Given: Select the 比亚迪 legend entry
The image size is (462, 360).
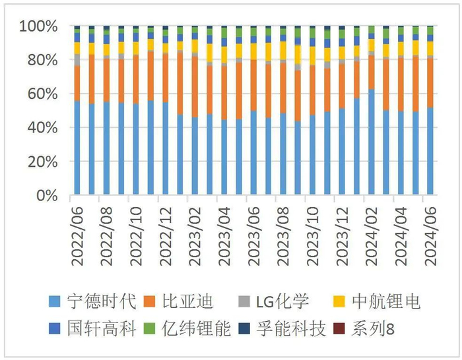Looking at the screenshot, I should click(188, 303).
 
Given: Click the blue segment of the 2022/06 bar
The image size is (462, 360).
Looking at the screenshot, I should click(77, 148).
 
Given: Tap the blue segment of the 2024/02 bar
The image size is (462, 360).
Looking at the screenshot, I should click(371, 142).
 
